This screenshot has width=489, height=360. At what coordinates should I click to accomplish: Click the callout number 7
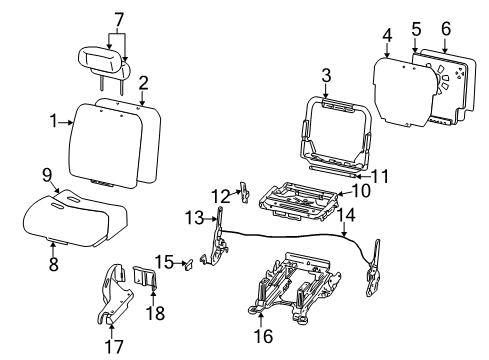[118, 18]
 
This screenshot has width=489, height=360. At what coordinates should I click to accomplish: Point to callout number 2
[143, 82]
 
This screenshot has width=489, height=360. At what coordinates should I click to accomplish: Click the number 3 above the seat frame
[326, 75]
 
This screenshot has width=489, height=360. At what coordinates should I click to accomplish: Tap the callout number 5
[414, 21]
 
